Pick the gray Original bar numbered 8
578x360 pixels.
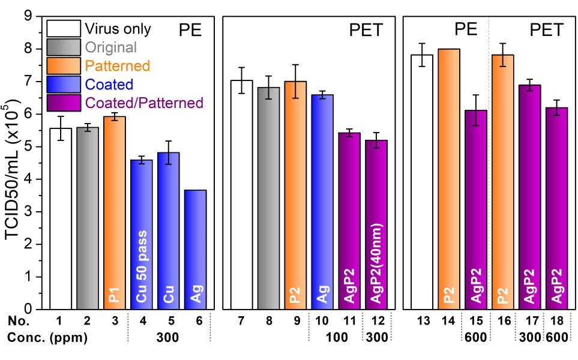268,198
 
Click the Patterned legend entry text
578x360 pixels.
118,65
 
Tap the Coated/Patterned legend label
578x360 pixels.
145,103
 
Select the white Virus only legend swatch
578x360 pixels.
64,28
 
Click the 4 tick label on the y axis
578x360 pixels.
32,179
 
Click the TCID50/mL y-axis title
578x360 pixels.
13,162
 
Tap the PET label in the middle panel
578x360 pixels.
366,30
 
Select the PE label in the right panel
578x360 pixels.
465,30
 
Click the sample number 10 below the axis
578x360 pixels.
322,322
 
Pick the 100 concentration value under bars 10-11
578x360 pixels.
336,338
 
